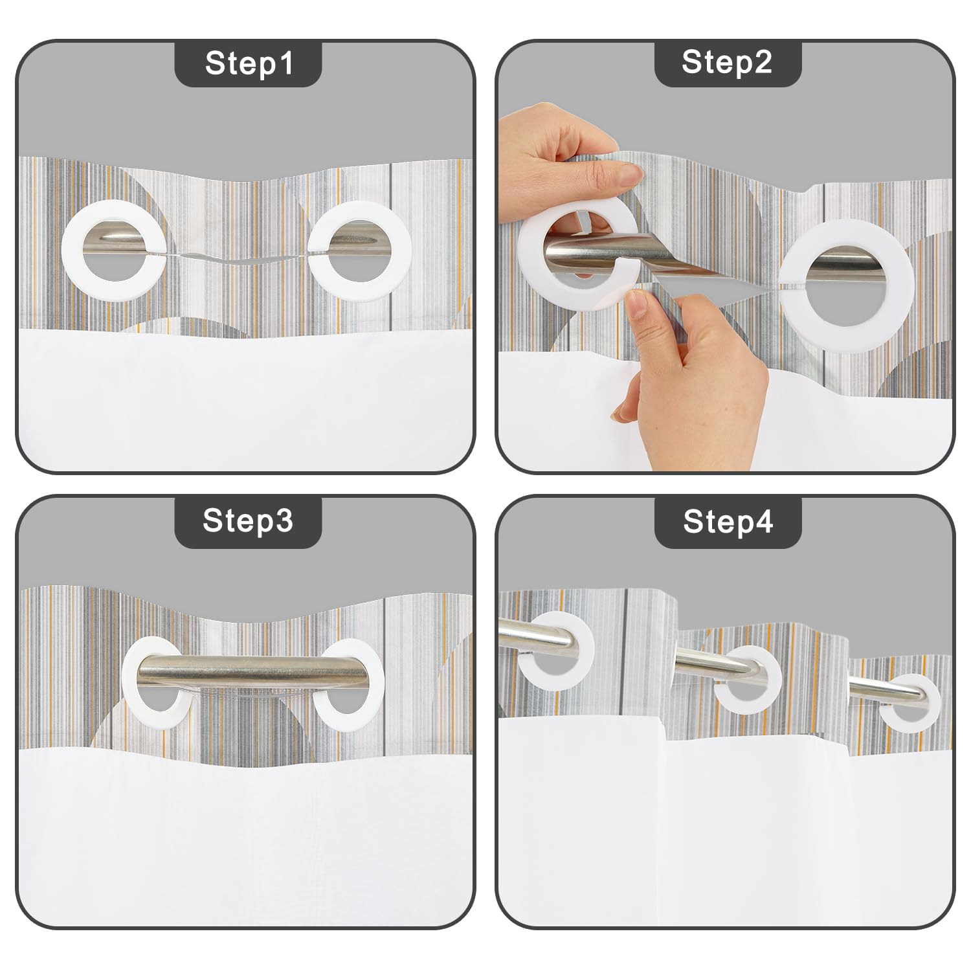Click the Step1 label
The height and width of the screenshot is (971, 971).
pyautogui.click(x=249, y=63)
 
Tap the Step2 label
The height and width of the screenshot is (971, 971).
pyautogui.click(x=727, y=62)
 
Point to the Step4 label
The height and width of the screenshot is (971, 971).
pyautogui.click(x=728, y=520)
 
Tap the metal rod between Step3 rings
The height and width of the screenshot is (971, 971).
pyautogui.click(x=252, y=673)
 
